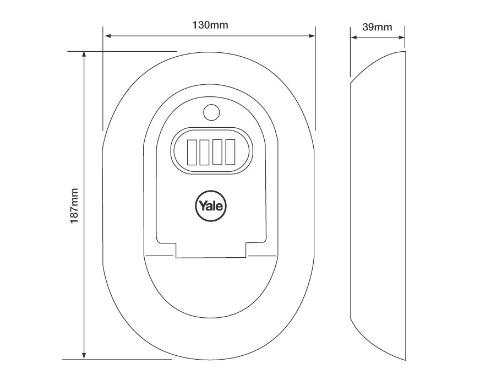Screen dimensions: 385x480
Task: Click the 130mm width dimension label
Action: [x=210, y=25]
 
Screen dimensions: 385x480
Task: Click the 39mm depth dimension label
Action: [x=378, y=26]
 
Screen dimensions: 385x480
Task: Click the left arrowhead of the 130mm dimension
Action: [x=107, y=36]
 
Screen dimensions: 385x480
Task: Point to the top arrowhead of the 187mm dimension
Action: [x=84, y=55]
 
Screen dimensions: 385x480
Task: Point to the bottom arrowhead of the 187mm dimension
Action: [x=84, y=355]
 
